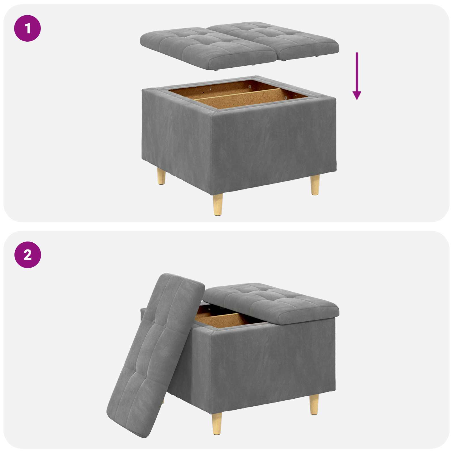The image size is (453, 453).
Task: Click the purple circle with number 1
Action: point(27,29)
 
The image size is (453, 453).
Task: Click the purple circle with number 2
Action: point(27,255)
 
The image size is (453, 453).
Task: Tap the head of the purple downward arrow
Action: point(357,95)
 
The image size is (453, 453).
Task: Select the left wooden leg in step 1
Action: point(161,176)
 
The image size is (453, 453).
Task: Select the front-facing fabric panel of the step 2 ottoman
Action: point(272,365)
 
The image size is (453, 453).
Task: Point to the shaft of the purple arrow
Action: point(357,71)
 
